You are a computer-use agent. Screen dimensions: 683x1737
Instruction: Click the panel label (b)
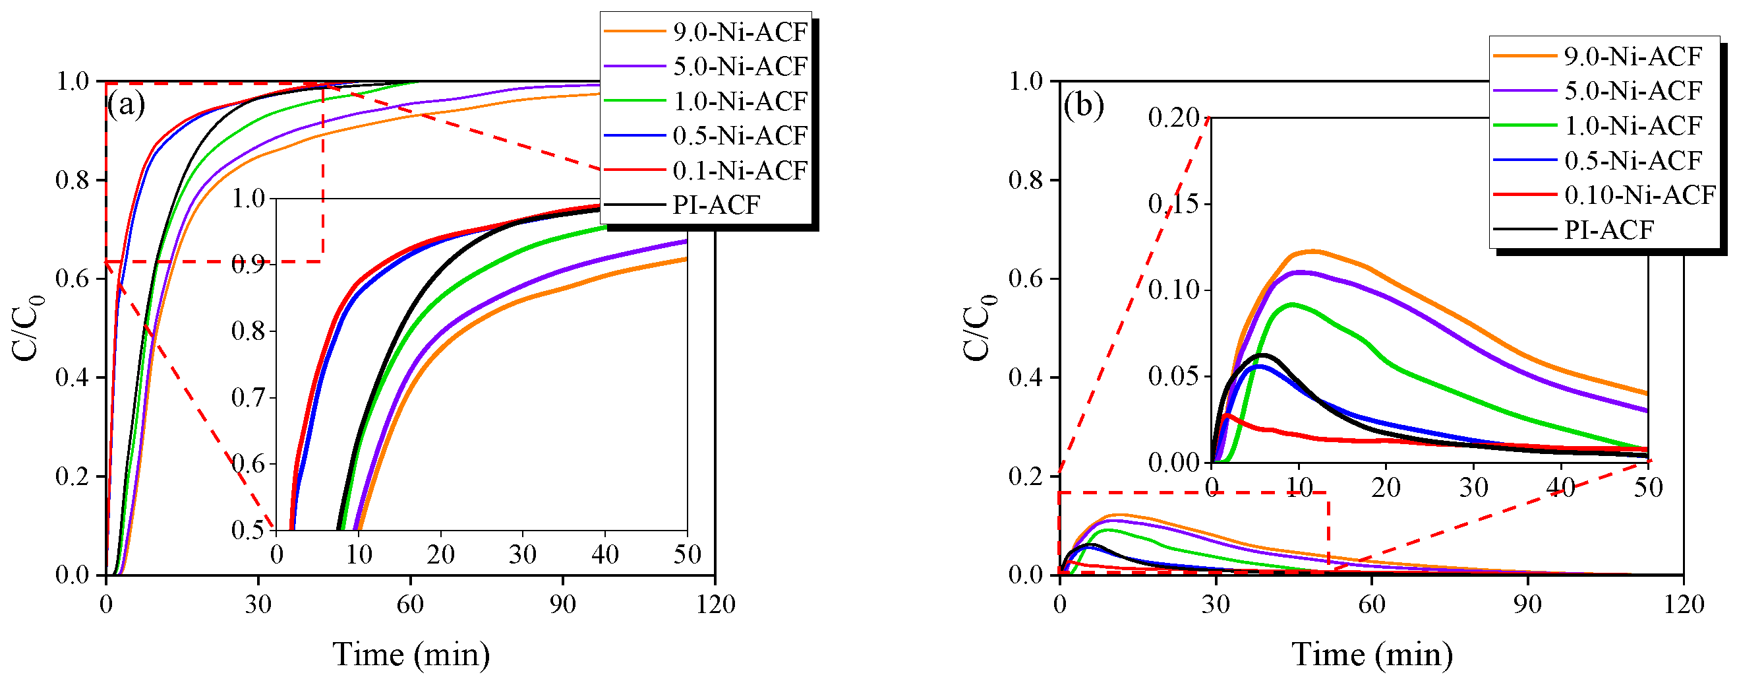click(x=1084, y=106)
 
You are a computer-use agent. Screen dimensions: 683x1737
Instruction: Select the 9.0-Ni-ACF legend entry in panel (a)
click(x=740, y=32)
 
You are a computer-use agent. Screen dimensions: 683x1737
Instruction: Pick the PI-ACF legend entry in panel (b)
click(x=1608, y=230)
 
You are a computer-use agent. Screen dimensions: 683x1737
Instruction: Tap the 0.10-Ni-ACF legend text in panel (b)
click(x=1639, y=195)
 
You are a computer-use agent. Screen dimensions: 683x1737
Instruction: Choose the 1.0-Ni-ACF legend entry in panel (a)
click(x=740, y=101)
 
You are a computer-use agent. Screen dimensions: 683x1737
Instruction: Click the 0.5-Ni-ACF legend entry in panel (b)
click(x=1632, y=160)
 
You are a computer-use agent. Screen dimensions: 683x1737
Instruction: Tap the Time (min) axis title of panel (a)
click(x=411, y=654)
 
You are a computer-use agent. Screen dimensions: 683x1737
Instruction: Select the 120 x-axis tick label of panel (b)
click(x=1684, y=604)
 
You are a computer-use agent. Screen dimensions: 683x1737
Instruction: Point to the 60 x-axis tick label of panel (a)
click(x=410, y=604)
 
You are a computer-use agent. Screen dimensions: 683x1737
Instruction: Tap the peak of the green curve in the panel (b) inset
click(x=1292, y=304)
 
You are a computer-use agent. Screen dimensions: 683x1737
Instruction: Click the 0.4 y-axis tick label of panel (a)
click(x=73, y=377)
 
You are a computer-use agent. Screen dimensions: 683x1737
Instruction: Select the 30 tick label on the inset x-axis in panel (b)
click(x=1473, y=486)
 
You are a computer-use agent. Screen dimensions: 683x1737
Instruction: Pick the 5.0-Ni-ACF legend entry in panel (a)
click(x=740, y=66)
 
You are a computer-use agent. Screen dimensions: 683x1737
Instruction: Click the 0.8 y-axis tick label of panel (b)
click(x=1026, y=180)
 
